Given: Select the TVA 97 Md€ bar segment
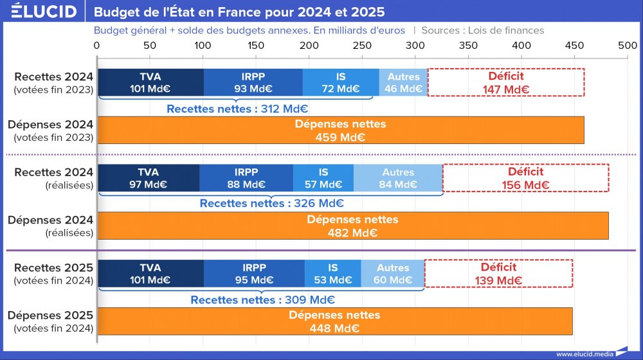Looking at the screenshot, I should coord(148,178).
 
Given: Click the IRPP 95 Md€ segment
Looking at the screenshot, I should coord(255,273).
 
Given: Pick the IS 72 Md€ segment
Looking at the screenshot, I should coord(341,82).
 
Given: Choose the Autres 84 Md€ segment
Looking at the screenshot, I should coord(398,178).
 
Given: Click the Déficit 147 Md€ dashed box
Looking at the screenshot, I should coord(506,82).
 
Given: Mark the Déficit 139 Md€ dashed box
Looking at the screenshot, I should coord(498,273).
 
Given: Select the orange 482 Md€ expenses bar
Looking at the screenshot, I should coord(352,226).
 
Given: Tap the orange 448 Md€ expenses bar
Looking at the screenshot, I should coord(334,321).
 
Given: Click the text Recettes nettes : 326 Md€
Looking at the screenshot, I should coord(271,204).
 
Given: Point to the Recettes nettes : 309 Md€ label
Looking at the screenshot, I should coord(262,300).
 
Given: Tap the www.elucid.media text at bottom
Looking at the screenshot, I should coord(584,354).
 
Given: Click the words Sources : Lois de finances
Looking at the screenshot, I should coord(483,30).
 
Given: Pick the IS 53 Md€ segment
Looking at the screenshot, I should coord(332,273).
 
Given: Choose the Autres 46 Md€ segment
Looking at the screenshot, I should coord(403,82).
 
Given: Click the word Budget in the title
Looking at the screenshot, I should coord(113,12).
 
